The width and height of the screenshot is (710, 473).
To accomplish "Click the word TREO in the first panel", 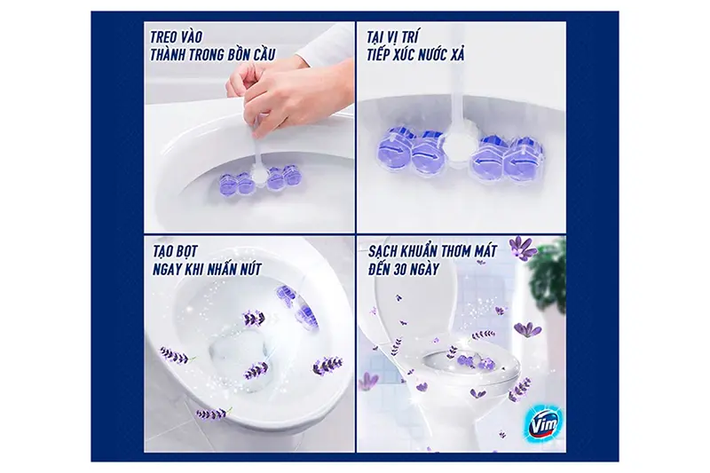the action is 165,37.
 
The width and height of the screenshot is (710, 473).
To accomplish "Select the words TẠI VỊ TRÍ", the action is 393,37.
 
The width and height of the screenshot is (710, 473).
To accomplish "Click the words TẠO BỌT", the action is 175,251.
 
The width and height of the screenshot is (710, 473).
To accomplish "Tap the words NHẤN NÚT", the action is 234,270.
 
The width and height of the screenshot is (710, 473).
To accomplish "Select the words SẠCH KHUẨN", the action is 400,251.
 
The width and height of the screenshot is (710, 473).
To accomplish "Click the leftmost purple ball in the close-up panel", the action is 392,148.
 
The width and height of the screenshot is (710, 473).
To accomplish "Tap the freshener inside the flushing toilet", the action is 299,304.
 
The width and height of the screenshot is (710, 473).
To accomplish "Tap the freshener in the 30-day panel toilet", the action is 476,362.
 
